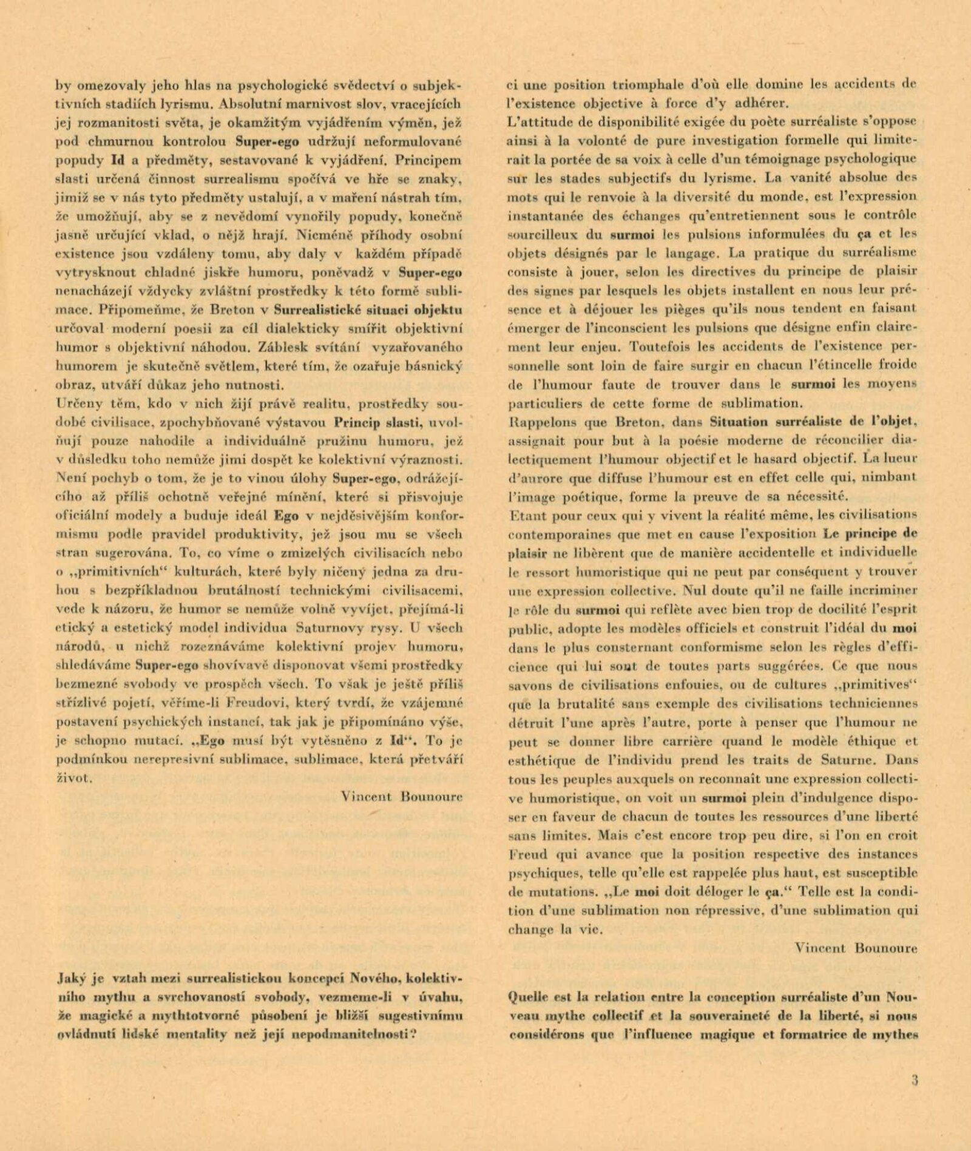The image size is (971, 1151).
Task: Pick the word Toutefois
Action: [660, 347]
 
